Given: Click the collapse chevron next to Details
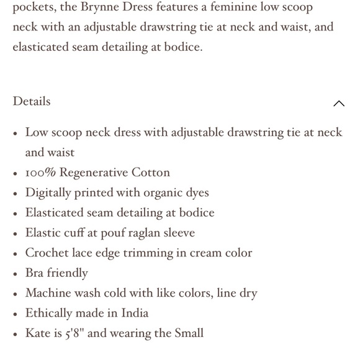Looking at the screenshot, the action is [339, 104].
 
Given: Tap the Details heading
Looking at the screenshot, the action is [32, 101].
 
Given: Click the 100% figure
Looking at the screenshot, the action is [40, 173].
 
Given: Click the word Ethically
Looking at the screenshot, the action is [51, 313].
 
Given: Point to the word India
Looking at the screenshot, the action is [133, 313].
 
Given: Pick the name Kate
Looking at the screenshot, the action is [38, 333].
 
